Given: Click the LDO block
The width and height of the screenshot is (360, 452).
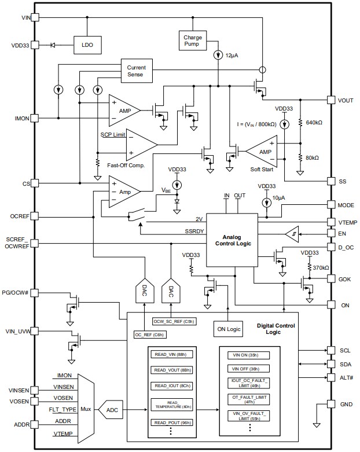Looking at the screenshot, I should click(87, 45).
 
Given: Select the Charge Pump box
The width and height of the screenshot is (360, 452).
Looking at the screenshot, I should click(193, 40).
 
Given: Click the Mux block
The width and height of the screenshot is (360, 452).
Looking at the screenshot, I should click(85, 409).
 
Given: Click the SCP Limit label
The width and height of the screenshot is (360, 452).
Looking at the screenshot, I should click(113, 134).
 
